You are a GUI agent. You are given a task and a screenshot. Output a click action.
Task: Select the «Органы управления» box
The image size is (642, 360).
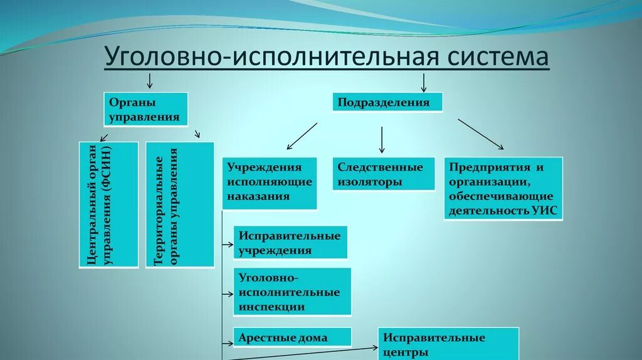tap(145, 109)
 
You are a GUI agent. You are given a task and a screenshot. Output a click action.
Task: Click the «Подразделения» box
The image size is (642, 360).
tap(387, 102)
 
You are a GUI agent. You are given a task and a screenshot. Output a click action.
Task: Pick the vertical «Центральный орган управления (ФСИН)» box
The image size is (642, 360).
tap(108, 204)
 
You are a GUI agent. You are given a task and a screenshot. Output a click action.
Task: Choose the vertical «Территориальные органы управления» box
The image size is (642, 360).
tap(179, 204)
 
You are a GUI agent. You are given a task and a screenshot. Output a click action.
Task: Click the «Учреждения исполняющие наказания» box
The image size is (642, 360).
tap(270, 182)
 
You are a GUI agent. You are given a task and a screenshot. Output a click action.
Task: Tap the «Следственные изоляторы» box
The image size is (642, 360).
tap(384, 174)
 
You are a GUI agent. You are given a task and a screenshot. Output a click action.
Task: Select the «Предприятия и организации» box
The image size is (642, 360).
tap(503, 188)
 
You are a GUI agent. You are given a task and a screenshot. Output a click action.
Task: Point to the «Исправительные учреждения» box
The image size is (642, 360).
tap(290, 243)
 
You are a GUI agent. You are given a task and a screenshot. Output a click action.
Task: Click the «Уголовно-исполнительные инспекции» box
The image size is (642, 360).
tap(292, 292)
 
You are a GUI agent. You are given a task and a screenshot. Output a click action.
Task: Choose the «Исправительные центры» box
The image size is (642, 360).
tap(448, 344)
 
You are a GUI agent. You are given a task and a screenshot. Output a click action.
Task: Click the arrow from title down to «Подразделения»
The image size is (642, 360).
tap(423, 82)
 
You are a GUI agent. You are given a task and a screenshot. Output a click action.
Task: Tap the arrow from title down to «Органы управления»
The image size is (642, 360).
tap(149, 80)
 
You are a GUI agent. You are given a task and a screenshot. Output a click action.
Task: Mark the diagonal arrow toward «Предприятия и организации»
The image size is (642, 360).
tap(480, 134)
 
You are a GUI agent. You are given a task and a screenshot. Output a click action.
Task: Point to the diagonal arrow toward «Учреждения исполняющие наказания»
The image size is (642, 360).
tap(302, 136)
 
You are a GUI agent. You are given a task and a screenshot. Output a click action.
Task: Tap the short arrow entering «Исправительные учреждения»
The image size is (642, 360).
tap(228, 242)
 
